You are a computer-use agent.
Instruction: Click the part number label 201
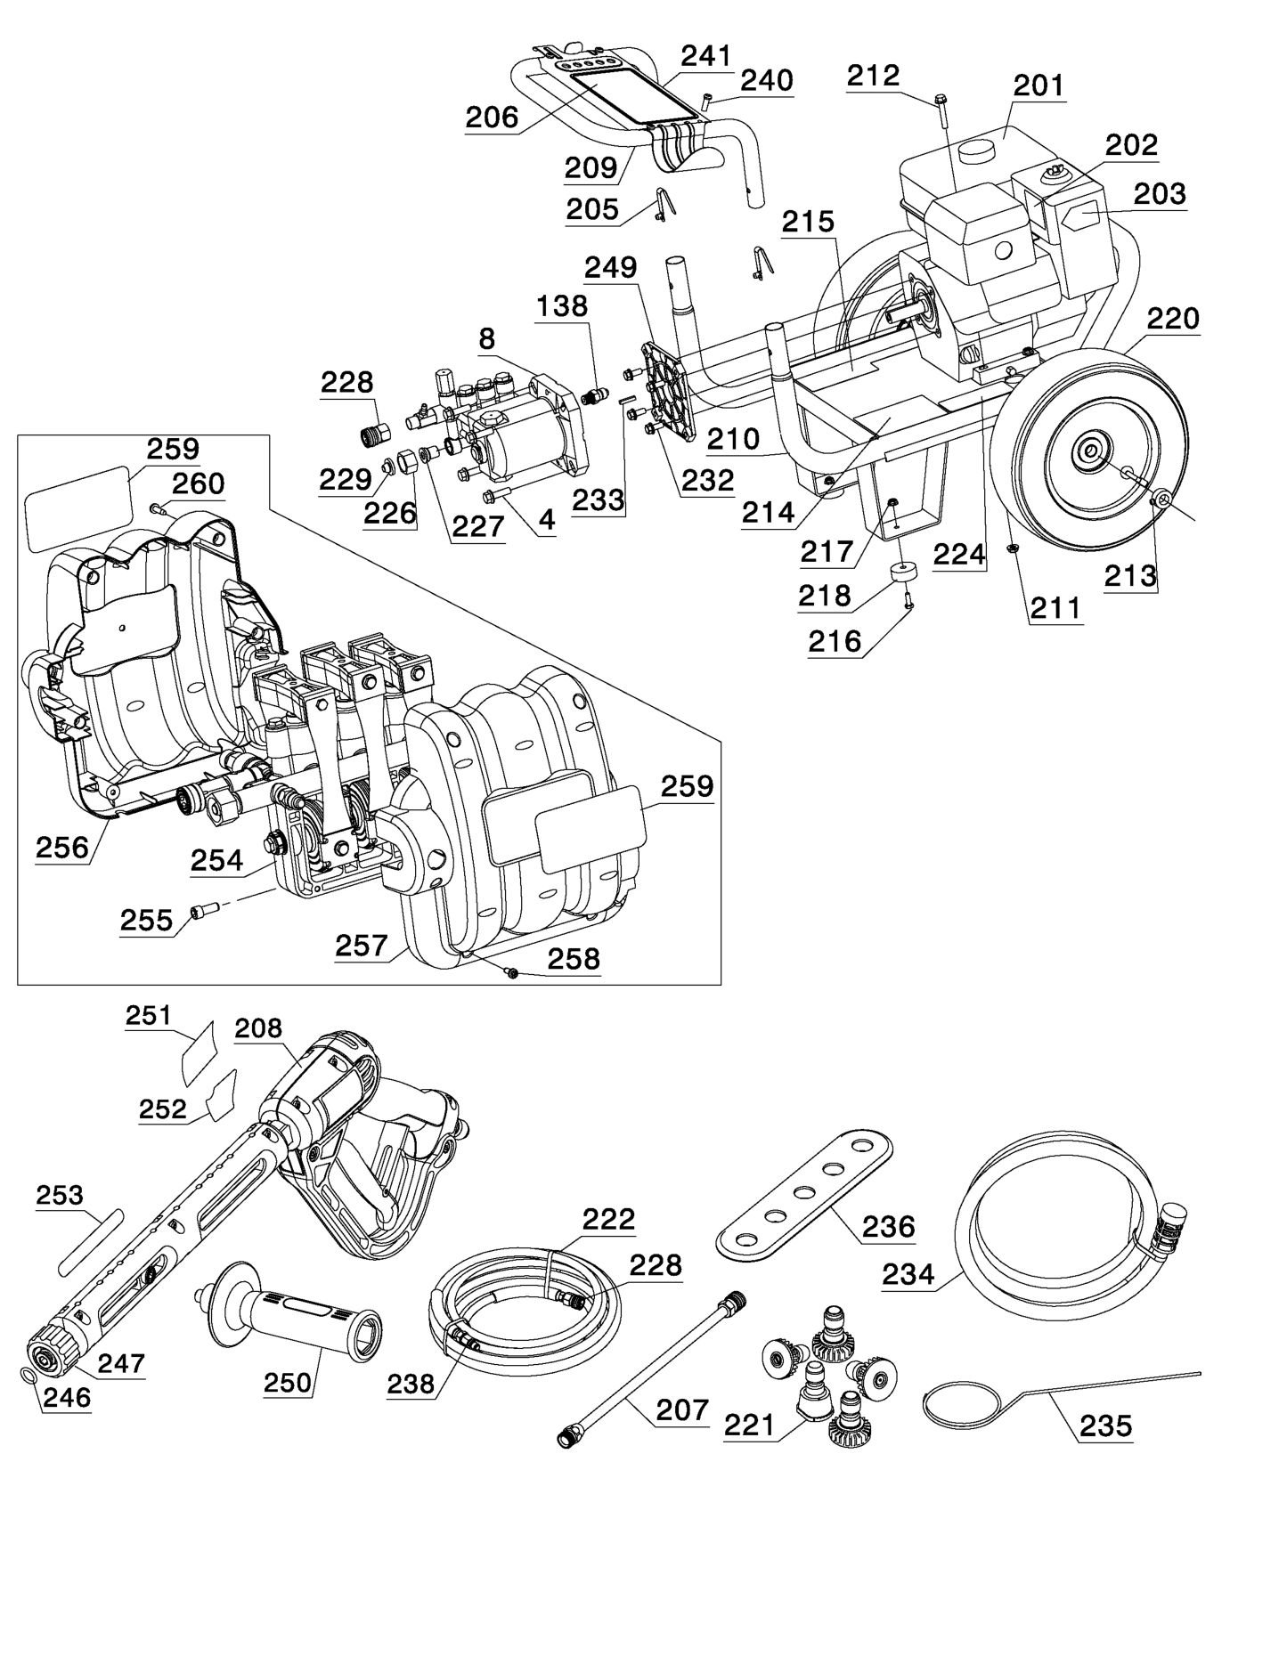click(1039, 85)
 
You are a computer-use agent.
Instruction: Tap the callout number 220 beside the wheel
click(1172, 319)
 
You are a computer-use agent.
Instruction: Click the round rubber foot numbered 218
click(906, 572)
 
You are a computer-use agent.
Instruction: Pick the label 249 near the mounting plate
click(610, 267)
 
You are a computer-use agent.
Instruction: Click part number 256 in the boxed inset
click(62, 847)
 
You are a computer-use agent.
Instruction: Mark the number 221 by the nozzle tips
click(749, 1425)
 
